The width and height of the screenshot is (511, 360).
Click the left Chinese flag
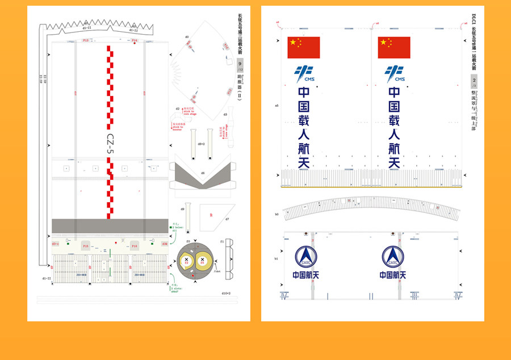pos(304,48)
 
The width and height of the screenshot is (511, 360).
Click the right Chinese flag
pos(394,48)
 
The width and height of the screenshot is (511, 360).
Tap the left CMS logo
pos(304,74)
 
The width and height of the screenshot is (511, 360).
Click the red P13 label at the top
pos(86,41)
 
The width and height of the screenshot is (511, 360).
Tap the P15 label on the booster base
pos(86,246)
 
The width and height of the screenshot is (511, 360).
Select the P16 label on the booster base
pos(135,246)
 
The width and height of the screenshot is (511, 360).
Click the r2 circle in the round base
pos(186,261)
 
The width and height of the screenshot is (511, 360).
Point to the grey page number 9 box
pos(240,64)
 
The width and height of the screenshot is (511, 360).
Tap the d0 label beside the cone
pos(187,37)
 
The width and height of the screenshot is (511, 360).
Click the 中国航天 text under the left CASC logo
pos(305,275)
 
